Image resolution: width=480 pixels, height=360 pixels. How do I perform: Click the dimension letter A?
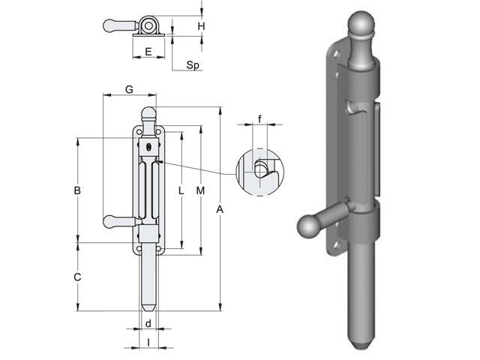point(220,211)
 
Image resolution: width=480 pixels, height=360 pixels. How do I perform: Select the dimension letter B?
point(77,190)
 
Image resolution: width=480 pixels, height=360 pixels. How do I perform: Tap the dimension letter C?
point(77,277)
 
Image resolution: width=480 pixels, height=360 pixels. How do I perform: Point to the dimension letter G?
point(129,89)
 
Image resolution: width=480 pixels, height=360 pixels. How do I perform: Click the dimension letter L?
point(181,191)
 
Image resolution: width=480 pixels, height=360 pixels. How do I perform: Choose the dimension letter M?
point(200,191)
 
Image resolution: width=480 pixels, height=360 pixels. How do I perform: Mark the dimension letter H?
point(201,26)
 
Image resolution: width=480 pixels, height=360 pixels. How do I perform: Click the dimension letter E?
point(148,52)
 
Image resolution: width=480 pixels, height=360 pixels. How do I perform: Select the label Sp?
point(192,66)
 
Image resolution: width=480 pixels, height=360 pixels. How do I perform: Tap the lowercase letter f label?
point(259,119)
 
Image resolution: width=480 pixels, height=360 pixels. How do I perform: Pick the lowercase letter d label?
point(148,324)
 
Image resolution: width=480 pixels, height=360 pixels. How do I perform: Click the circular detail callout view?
point(259,172)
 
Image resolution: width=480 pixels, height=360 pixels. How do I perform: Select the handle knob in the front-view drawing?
point(111,220)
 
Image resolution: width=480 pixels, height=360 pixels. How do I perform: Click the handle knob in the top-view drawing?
point(110,25)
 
